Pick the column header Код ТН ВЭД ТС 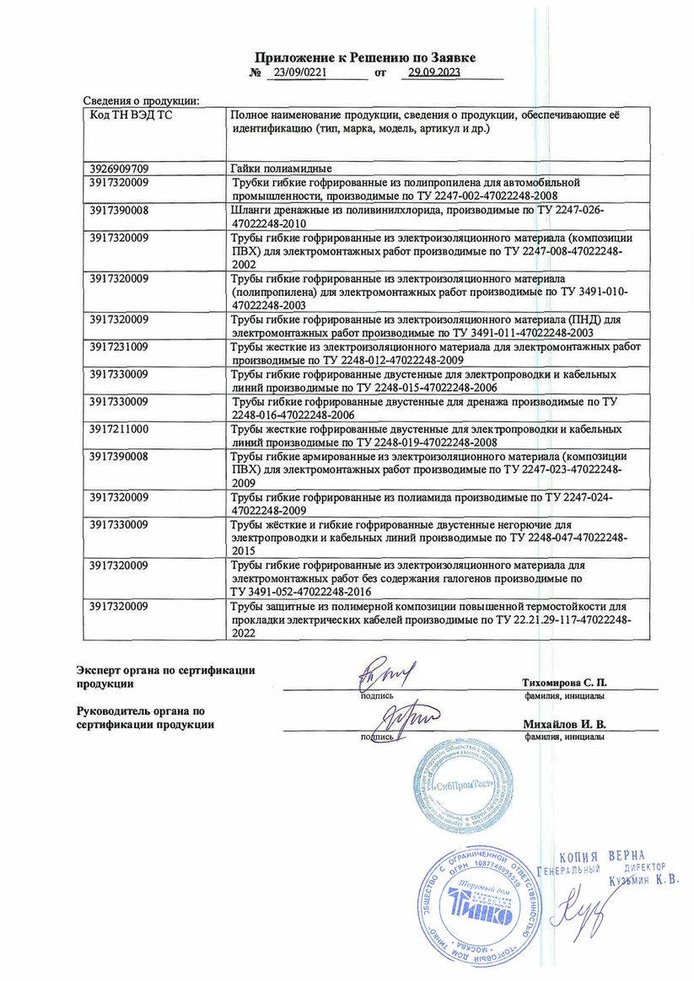coord(130,115)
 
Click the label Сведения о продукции coord(140,100)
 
